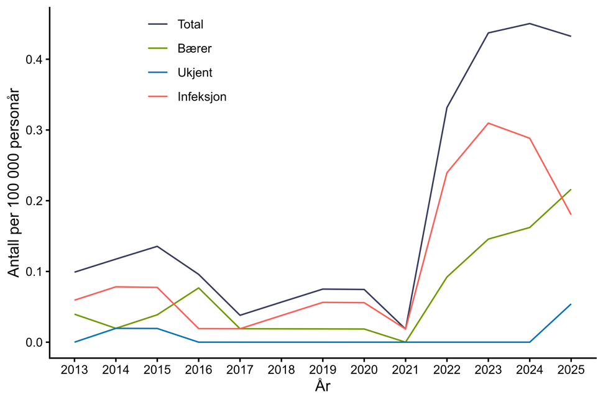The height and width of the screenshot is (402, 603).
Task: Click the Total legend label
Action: (190, 25)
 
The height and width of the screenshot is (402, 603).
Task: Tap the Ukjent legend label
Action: (195, 73)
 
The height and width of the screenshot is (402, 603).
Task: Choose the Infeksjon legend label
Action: (202, 97)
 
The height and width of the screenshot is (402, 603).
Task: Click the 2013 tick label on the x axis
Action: (75, 371)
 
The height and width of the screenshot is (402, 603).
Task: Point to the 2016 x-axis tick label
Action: (198, 371)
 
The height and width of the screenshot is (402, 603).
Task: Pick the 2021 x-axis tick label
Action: (405, 371)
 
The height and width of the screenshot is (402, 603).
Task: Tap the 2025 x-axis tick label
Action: (571, 371)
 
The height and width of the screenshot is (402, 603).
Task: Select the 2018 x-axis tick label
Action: (281, 371)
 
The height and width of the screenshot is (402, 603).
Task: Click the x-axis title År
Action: (323, 386)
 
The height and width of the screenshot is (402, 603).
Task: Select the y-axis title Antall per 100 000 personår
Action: (14, 183)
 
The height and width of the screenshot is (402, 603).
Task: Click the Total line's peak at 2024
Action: (530, 24)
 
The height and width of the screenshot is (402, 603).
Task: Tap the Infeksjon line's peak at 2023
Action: (488, 123)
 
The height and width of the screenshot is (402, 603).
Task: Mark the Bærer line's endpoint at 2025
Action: (571, 190)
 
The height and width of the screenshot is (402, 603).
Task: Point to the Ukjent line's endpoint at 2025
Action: (571, 304)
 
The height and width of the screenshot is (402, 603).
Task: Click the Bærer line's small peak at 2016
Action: (198, 288)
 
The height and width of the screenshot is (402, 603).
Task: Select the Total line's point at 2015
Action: (157, 246)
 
